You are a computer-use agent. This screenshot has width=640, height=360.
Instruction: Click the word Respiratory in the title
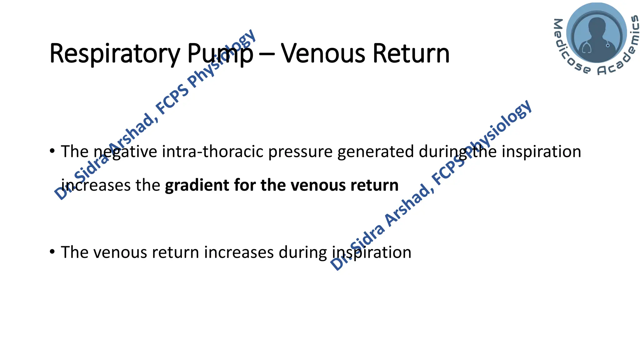point(114,54)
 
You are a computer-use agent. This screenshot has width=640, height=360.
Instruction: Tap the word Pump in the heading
point(220,54)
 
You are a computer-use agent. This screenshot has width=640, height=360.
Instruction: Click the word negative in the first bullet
point(125,152)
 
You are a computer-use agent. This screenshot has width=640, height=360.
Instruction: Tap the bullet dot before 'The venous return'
point(52,252)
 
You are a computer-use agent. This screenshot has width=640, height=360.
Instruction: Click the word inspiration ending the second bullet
point(372,252)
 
